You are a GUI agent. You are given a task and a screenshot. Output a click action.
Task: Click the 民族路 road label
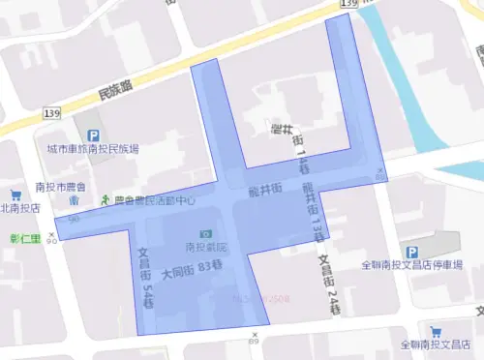point(118,92)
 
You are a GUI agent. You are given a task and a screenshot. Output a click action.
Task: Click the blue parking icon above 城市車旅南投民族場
point(93,136)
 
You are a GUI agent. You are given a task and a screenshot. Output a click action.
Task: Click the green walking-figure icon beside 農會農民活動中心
point(106,200)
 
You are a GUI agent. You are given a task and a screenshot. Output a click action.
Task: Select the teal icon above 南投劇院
point(204,234)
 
